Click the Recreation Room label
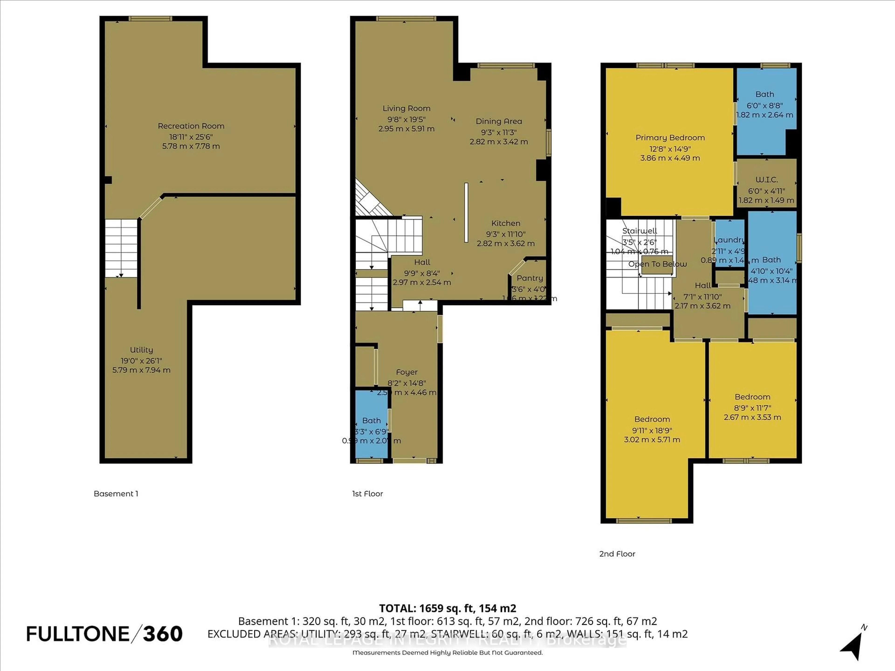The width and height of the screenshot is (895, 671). [191, 126]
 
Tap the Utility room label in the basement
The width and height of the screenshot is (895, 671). [141, 350]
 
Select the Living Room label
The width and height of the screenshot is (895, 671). [406, 108]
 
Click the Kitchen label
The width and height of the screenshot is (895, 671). [505, 223]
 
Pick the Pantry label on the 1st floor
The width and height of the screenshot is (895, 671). [529, 278]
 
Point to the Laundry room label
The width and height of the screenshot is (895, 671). [729, 240]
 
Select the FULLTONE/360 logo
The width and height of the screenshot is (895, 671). [104, 634]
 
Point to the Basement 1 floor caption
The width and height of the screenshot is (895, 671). [116, 493]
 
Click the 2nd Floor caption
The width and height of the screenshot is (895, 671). [617, 554]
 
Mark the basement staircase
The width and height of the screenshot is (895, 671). [121, 248]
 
